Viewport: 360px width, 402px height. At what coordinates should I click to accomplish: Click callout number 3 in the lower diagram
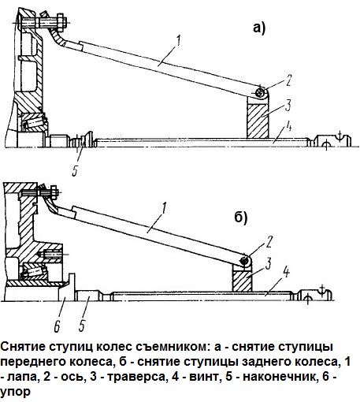coord(268,261)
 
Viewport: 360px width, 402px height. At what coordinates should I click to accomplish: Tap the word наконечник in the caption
coord(272,376)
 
